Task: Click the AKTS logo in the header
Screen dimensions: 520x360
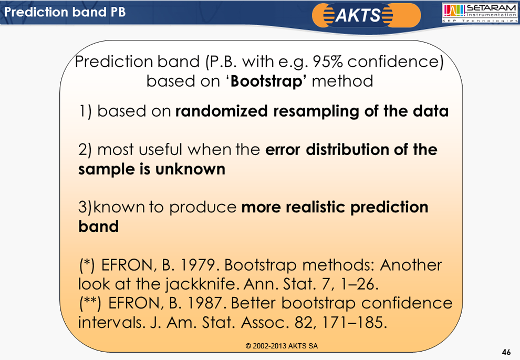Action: [366, 15]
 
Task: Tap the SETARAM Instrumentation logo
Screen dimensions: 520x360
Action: [480, 13]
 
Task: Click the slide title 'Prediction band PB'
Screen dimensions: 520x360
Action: [65, 12]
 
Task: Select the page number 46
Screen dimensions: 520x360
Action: [506, 352]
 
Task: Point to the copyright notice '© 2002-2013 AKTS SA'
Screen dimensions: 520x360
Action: [282, 346]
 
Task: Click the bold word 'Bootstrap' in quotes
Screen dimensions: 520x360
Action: [266, 81]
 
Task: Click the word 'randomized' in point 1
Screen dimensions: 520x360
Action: [221, 111]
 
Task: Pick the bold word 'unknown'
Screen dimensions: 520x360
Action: [190, 169]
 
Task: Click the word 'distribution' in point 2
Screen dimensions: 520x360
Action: [347, 150]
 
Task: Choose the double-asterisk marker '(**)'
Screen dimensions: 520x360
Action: [90, 303]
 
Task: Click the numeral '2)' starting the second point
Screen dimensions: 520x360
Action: [85, 150]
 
